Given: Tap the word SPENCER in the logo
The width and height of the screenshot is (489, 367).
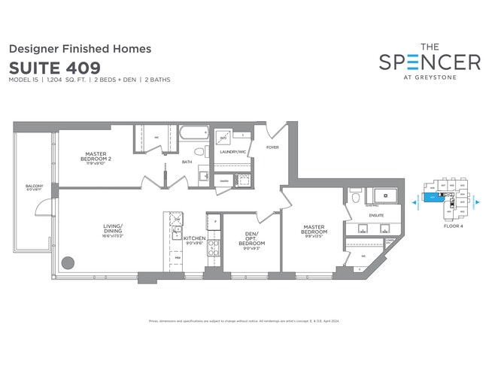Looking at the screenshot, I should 430,62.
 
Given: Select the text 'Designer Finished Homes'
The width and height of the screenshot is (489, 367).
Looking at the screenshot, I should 80,48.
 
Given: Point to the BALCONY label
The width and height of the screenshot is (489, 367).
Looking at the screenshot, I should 34,187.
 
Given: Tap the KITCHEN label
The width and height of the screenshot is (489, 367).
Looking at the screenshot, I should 194,239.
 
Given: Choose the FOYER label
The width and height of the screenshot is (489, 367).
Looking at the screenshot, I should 272,147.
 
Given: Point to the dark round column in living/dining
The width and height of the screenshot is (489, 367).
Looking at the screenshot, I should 68,263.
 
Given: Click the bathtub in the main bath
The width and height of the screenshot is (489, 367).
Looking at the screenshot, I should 193,136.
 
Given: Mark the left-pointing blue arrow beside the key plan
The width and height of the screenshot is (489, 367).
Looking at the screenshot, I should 414,202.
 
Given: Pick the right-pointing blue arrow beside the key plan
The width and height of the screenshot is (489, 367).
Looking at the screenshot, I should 476,202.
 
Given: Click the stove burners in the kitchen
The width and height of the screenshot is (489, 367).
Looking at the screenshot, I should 212,249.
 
